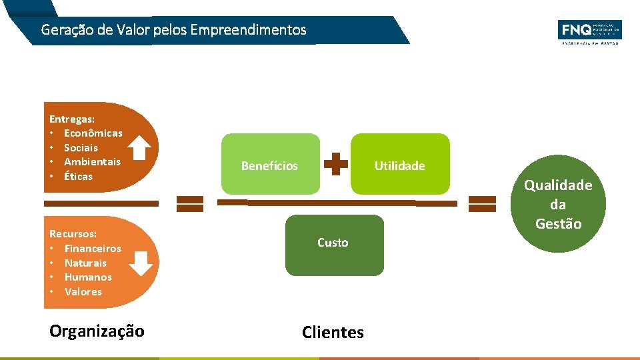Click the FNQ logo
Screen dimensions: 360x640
[589, 31]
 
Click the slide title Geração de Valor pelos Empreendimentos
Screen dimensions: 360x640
[173, 30]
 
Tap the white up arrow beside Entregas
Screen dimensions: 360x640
[139, 148]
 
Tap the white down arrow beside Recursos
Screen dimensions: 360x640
[141, 263]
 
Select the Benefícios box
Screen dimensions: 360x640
[270, 165]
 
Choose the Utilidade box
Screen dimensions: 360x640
[399, 165]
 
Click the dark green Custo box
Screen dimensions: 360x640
[333, 244]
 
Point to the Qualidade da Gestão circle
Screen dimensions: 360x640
[558, 203]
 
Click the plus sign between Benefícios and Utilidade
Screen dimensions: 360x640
[335, 165]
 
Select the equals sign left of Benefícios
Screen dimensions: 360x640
[190, 204]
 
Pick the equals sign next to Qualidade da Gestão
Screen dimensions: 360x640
[482, 204]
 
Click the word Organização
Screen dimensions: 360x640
[97, 331]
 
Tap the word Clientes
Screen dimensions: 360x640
[333, 332]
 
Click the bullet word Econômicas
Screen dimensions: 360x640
[93, 133]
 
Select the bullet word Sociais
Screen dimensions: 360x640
[81, 148]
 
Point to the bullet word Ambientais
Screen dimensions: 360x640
[92, 162]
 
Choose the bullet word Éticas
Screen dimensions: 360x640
[79, 177]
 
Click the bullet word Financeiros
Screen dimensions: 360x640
[93, 249]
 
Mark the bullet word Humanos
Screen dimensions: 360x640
[88, 277]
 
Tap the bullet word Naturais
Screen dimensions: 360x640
[85, 263]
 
